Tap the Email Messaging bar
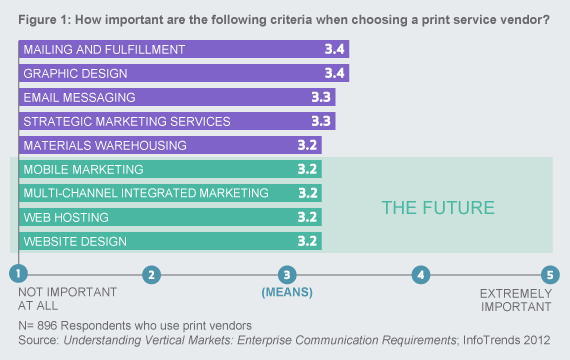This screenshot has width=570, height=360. [x=176, y=97]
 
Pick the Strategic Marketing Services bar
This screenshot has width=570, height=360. [x=176, y=121]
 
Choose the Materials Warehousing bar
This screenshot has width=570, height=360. [x=169, y=145]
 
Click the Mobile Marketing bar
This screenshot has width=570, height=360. [x=169, y=169]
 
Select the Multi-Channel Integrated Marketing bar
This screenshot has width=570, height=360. [x=169, y=193]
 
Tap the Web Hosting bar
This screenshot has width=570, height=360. [x=169, y=217]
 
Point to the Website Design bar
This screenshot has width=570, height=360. [x=169, y=241]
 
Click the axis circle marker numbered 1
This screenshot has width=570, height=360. [x=18, y=274]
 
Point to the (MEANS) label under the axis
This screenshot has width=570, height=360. [x=287, y=293]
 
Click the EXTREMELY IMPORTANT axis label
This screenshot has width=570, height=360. [x=516, y=300]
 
